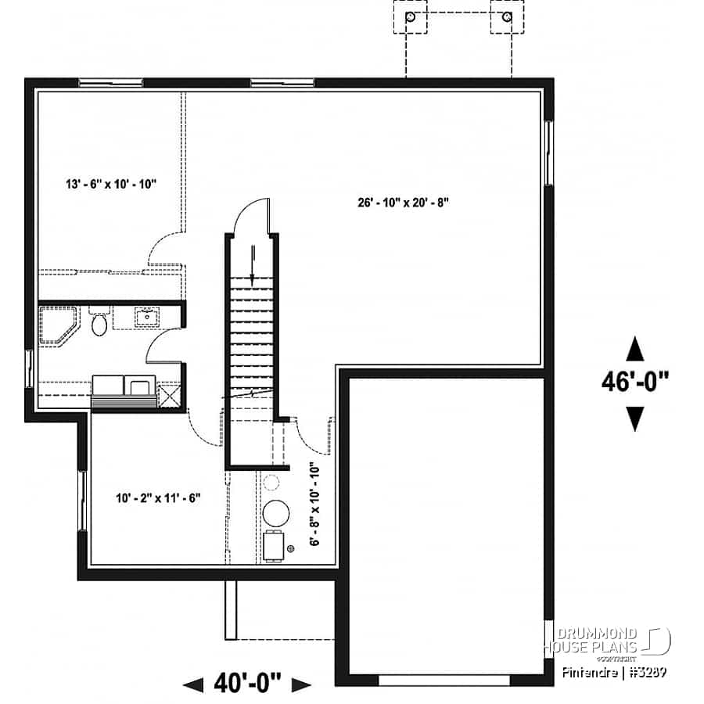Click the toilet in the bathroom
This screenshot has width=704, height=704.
pyautogui.click(x=99, y=323)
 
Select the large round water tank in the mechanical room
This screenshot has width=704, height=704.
pyautogui.click(x=275, y=514)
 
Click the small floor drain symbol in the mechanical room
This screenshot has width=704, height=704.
pyautogui.click(x=291, y=549)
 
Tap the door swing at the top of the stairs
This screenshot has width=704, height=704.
pyautogui.click(x=254, y=214)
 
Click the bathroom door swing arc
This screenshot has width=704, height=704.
pyautogui.click(x=160, y=344)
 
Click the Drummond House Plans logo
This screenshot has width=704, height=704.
pyautogui.click(x=606, y=641)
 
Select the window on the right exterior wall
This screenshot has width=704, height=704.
pyautogui.click(x=548, y=152)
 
